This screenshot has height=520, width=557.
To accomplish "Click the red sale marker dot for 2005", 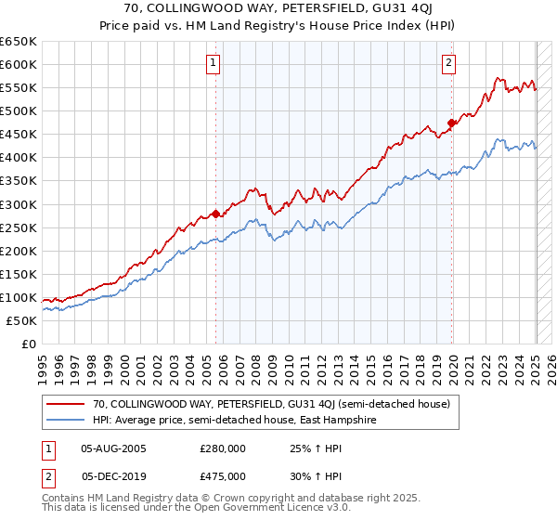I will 216,214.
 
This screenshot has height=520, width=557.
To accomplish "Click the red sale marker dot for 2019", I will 452,123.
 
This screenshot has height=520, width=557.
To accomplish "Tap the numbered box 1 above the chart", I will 214,63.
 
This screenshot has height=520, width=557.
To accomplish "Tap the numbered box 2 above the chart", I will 448,63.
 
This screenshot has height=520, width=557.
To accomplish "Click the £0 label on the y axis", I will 28,344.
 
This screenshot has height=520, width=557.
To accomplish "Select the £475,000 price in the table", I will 223,475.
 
